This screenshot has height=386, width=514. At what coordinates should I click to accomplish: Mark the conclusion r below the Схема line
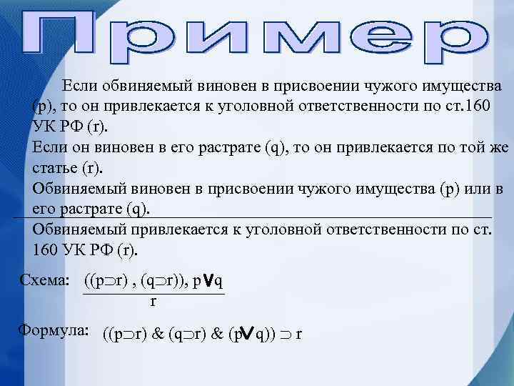coord(153,302)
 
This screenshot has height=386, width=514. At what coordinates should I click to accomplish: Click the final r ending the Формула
coord(298,334)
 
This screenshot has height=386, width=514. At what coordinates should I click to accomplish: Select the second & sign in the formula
coord(216,334)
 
